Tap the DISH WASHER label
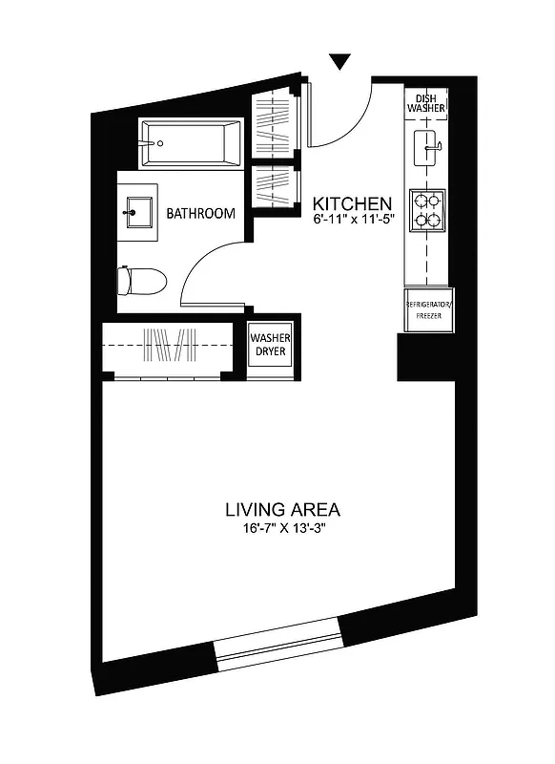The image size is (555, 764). tap(426, 103)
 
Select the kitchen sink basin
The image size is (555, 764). tap(426, 148)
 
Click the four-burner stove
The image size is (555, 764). tap(426, 210)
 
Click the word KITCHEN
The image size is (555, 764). tap(353, 203)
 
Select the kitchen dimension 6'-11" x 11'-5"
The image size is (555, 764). tap(353, 221)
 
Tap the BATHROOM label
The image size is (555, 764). tap(200, 214)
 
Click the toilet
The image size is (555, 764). tap(140, 281)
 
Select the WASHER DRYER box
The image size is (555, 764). tap(270, 344)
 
